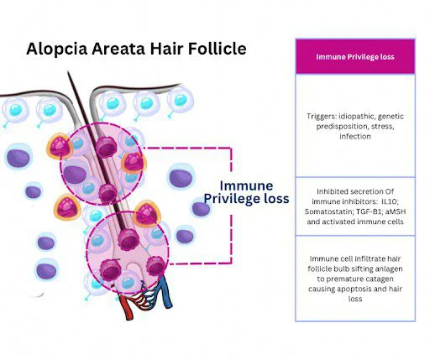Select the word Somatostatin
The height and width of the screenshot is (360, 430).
tap(328, 211)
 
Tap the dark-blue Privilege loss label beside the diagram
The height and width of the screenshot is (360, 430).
tap(245, 199)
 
